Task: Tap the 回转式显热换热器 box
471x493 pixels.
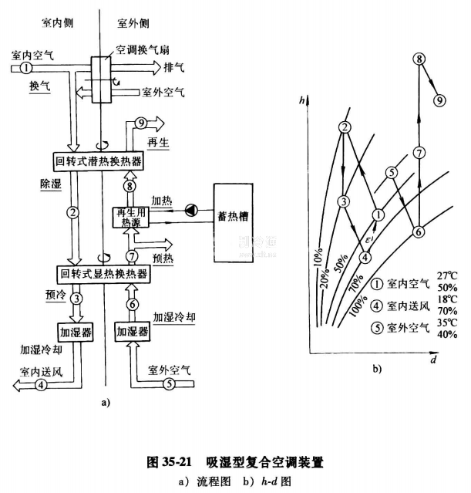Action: (102, 273)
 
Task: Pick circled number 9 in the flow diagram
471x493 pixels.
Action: (140, 123)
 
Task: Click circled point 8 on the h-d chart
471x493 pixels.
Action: (419, 59)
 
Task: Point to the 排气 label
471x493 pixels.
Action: (174, 67)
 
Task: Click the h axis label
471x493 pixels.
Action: (306, 100)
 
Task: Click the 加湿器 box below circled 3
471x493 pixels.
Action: (74, 333)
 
